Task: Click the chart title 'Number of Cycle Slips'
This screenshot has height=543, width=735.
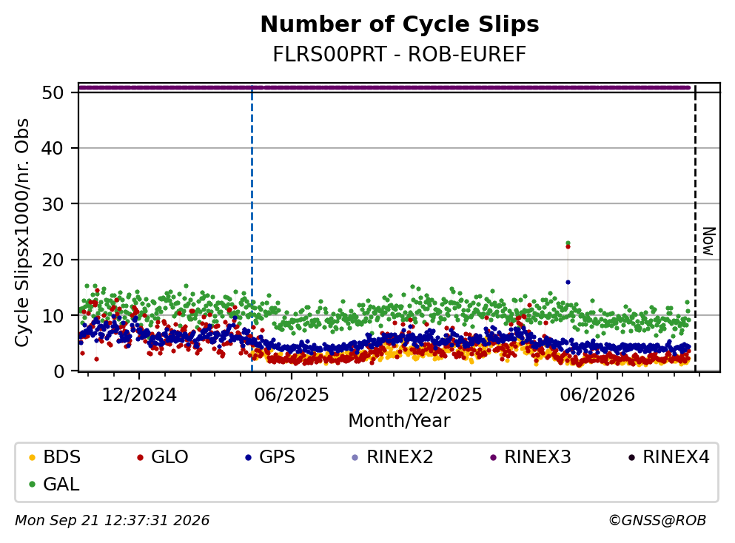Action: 400,24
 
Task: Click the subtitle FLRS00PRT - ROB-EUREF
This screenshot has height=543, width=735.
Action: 400,54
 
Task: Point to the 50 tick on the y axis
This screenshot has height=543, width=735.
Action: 53,92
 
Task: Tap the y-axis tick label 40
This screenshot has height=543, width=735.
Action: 53,149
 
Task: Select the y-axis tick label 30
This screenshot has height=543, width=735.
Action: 53,204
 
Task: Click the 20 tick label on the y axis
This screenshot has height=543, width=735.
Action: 53,260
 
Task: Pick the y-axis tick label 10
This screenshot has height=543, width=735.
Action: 53,316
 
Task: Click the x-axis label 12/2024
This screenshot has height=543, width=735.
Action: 139,395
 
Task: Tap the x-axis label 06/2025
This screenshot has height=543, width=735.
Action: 292,395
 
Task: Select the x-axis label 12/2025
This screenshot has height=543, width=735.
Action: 444,395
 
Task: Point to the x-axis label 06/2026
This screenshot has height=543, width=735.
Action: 597,395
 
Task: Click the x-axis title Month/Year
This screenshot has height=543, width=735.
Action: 399,421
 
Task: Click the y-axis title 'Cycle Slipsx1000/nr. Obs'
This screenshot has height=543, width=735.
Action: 22,232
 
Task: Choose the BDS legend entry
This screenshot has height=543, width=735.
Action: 55,456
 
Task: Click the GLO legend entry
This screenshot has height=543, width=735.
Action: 163,456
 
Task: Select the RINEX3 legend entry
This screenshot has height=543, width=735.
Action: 531,456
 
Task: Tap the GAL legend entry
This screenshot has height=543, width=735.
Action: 54,485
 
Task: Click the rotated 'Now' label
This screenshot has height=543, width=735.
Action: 709,241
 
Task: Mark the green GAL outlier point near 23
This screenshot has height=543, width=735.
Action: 568,243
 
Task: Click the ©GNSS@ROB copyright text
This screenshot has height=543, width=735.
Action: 657,520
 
